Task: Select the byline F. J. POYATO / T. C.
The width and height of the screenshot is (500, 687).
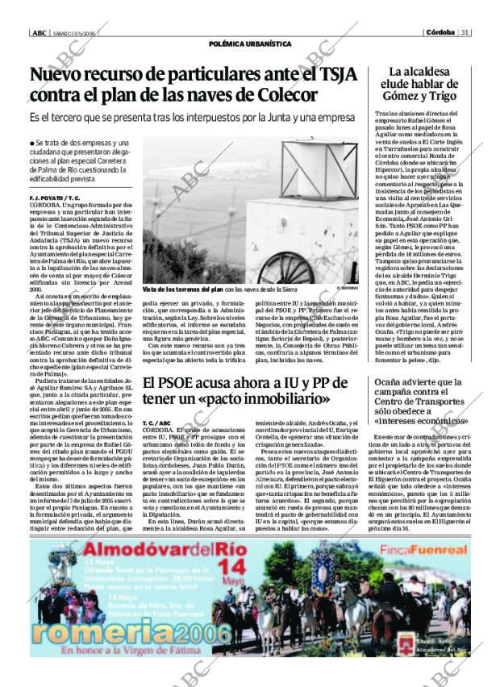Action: point(54,197)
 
